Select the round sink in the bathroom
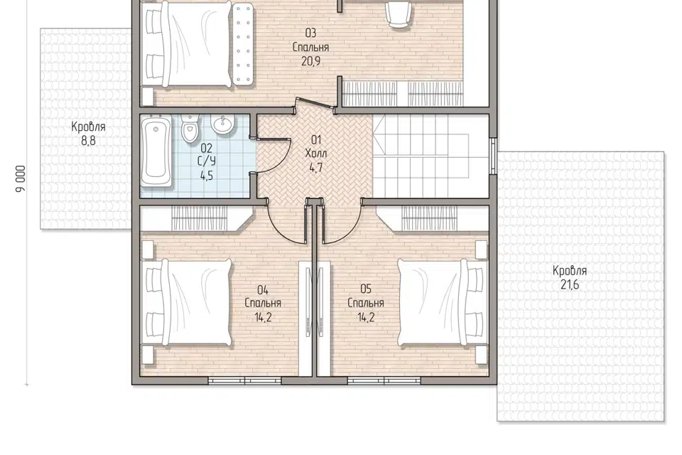223,124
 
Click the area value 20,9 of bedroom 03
311,61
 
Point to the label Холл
316,154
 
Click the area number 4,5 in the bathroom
207,176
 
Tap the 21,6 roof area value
570,285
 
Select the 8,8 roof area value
88,141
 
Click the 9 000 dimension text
21,178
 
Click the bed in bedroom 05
441,303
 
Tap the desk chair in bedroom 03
399,14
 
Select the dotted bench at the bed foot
243,44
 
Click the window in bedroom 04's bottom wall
245,381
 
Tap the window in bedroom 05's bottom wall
384,381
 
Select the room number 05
366,289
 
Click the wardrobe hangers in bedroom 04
200,218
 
